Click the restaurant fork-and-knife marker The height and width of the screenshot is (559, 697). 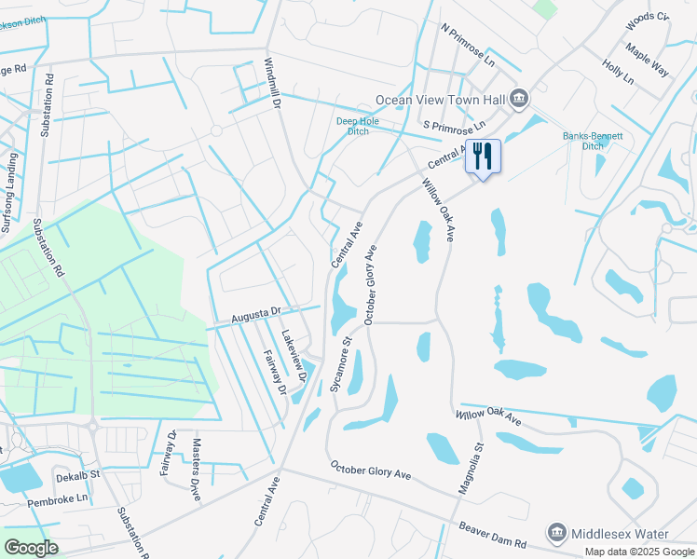483,156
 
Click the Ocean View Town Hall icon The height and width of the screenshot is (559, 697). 519,98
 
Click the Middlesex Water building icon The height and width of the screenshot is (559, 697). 556,532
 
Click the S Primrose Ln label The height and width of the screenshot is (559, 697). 454,125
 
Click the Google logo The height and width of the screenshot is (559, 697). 31,547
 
